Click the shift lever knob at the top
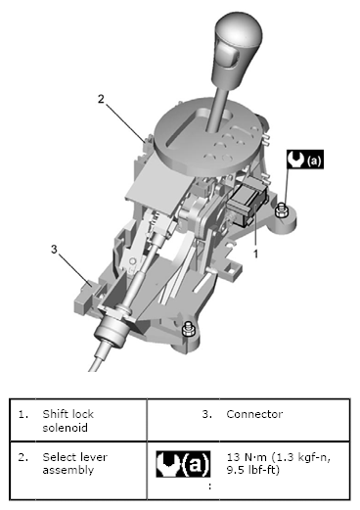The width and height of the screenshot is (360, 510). (238, 49)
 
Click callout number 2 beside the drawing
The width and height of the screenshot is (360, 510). (101, 99)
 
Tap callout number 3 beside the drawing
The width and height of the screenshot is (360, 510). (54, 249)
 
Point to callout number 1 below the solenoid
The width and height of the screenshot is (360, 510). (256, 254)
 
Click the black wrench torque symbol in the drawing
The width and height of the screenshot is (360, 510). (305, 160)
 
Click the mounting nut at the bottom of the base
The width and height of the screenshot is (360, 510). (188, 329)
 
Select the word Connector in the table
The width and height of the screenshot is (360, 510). (254, 414)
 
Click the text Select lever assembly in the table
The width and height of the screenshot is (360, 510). (74, 463)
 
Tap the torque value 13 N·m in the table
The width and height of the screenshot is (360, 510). (247, 457)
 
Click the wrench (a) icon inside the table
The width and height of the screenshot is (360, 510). (183, 464)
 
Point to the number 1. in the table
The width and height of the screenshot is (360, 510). (23, 414)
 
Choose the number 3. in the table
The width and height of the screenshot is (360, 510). (207, 414)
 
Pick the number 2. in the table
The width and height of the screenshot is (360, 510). (23, 457)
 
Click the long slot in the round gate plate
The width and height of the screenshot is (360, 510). (184, 127)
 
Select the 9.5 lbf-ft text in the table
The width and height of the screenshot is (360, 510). (253, 470)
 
